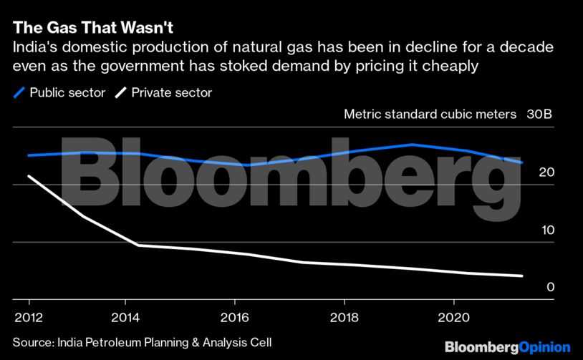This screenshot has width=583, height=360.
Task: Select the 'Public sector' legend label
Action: click(x=67, y=92)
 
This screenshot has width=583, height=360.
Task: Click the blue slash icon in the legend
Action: click(x=19, y=92)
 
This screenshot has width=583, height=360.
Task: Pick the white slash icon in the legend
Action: click(x=121, y=92)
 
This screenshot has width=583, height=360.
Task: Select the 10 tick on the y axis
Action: click(x=547, y=230)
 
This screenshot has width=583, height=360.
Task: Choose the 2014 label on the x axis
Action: click(x=125, y=317)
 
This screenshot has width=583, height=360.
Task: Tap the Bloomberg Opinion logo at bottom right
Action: click(x=507, y=346)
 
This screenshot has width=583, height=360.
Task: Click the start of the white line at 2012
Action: click(x=29, y=176)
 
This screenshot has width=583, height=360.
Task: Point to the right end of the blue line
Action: click(x=522, y=162)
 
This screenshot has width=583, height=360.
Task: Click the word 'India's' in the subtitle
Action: click(x=34, y=47)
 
